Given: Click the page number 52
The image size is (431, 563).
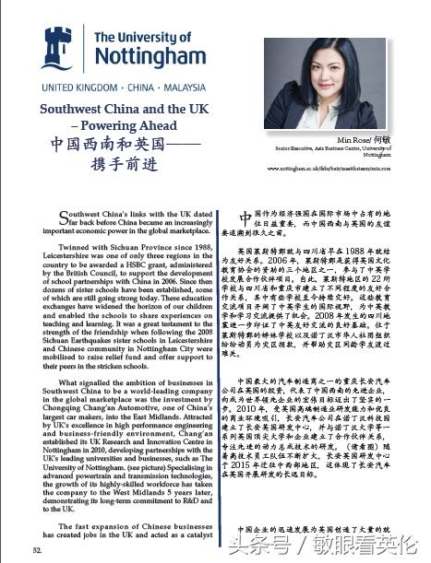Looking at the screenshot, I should [37, 549].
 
